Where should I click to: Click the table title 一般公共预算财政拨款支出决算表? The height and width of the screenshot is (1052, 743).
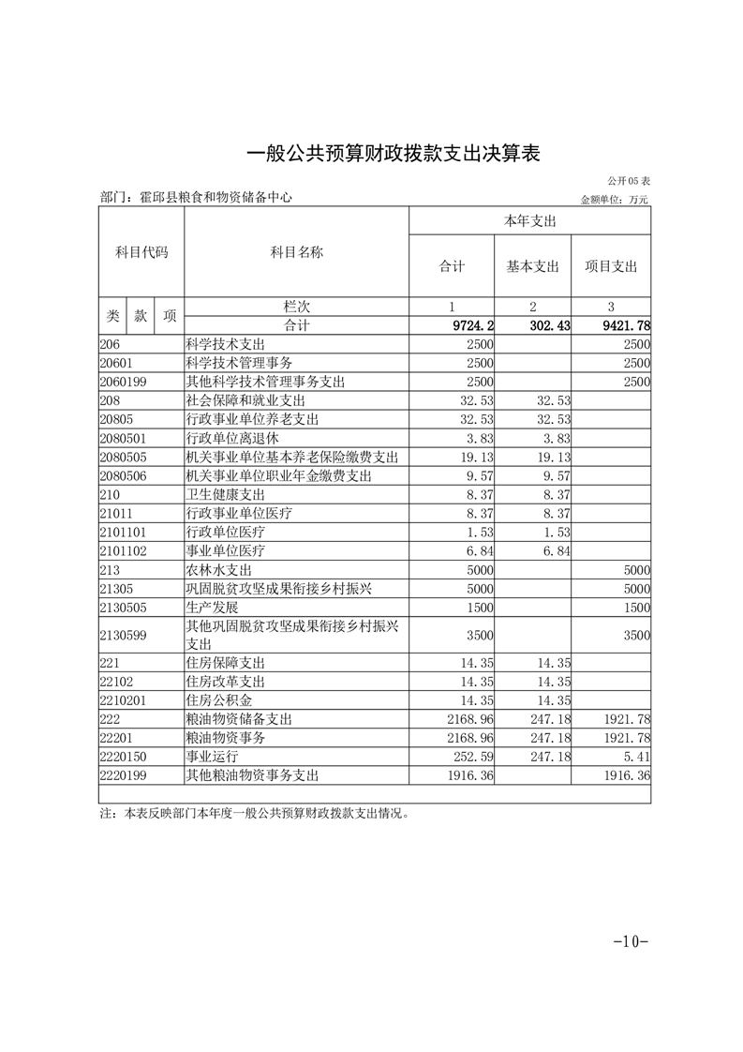point(393,153)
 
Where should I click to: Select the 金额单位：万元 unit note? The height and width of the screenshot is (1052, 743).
point(614,199)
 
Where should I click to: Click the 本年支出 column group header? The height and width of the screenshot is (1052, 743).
point(530,221)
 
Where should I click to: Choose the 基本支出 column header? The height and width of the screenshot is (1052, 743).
point(532,266)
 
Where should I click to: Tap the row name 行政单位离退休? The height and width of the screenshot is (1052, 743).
point(233,438)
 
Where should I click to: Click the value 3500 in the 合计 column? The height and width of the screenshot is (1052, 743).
point(480,635)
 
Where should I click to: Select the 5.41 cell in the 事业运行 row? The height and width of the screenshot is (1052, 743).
point(635,757)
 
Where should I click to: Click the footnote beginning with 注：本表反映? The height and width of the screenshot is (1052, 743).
point(254,814)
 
